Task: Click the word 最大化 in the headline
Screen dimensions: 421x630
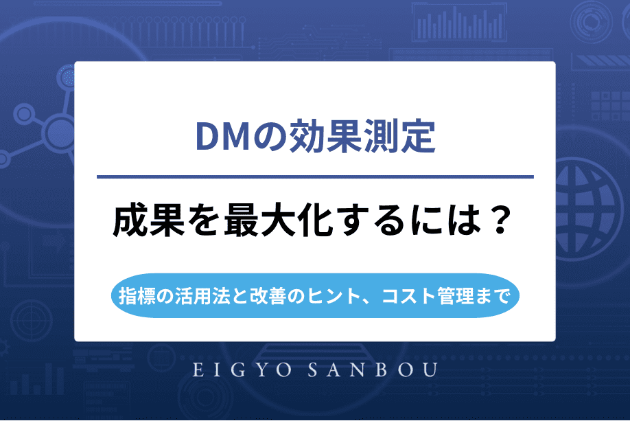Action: [261, 221]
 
